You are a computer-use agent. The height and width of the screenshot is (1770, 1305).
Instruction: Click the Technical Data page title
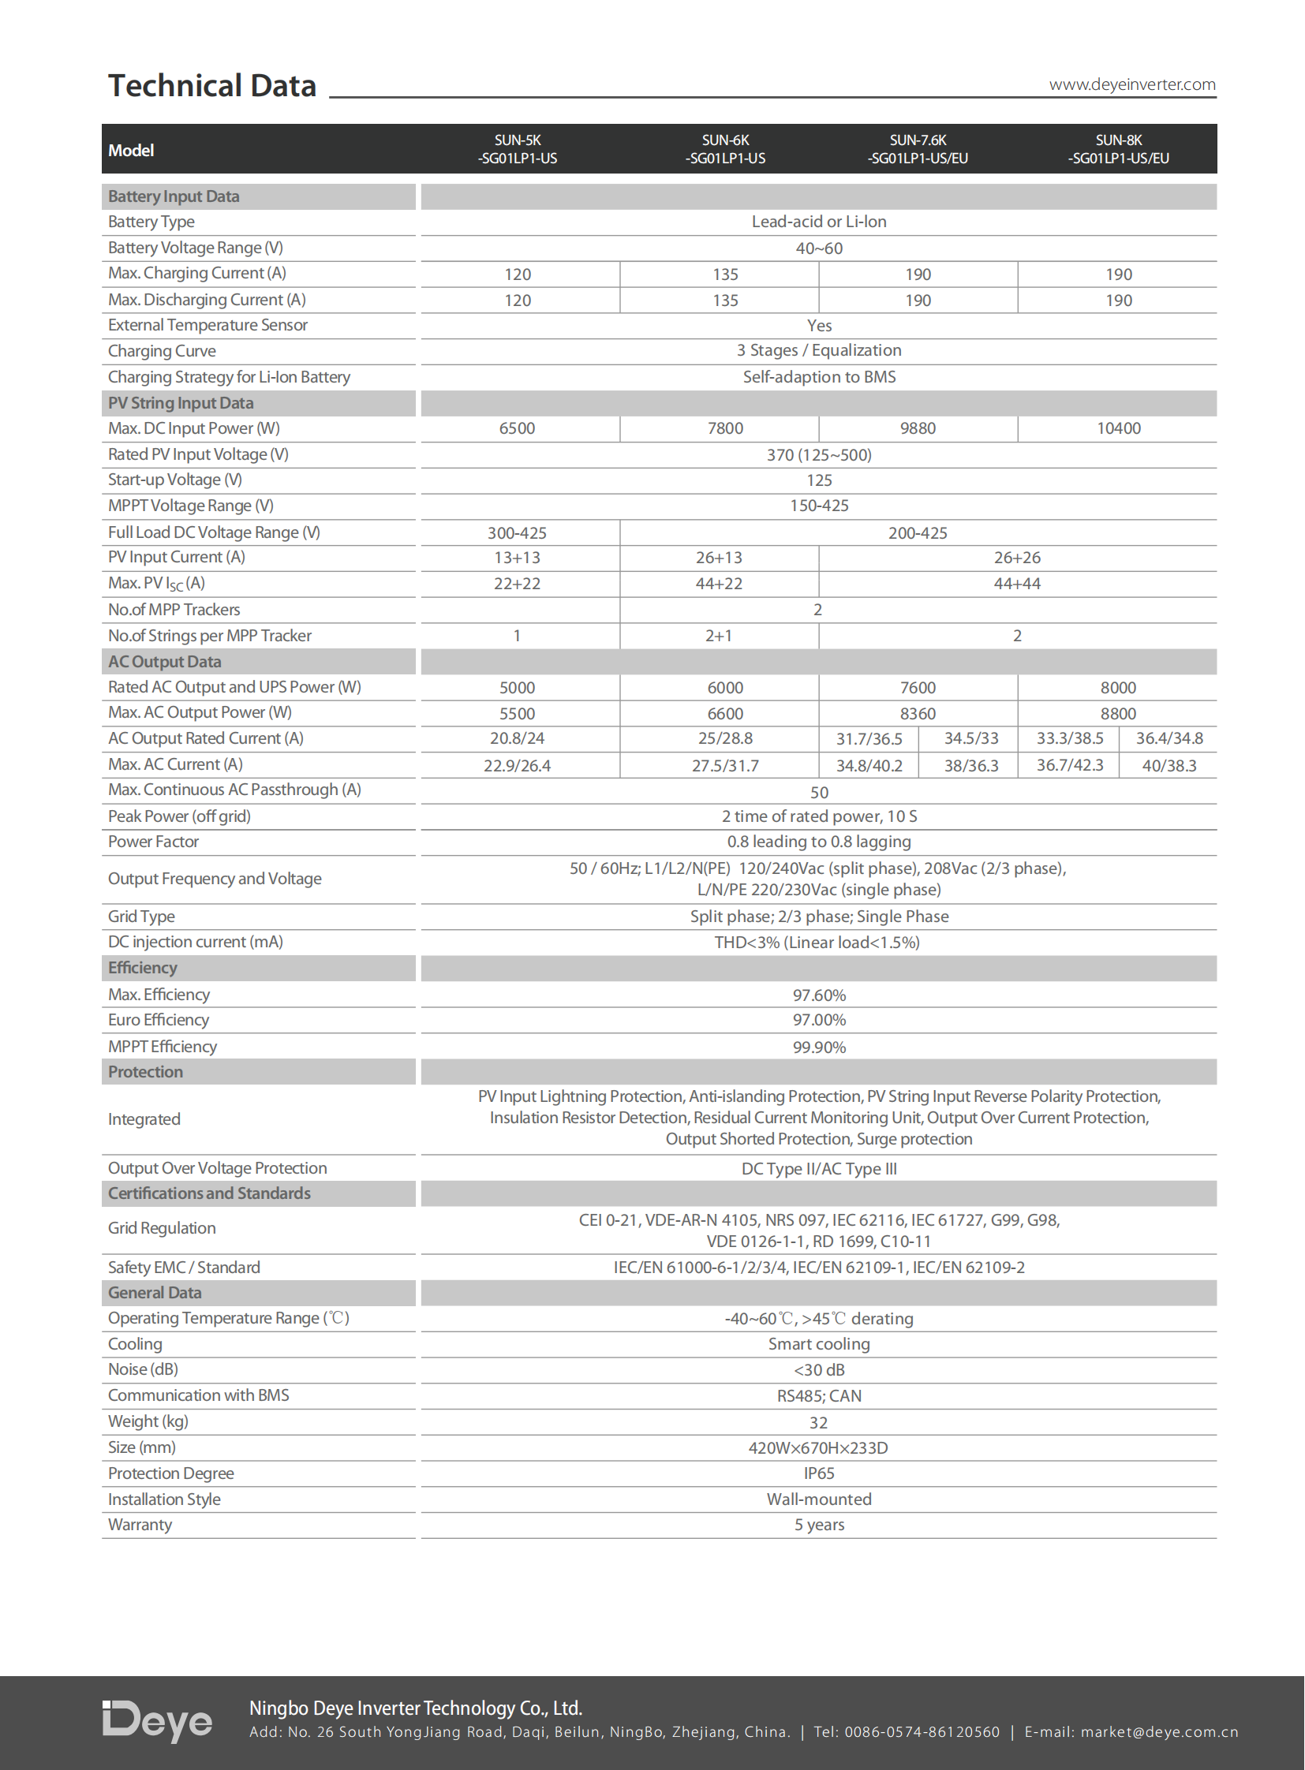(211, 86)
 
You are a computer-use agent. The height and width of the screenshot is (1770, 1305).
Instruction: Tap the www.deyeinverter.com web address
(1131, 84)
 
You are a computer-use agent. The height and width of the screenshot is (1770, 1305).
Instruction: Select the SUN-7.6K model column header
(917, 149)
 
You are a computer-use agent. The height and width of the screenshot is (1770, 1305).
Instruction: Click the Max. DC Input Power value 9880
(917, 429)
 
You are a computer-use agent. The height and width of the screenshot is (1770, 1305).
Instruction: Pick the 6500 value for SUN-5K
(517, 429)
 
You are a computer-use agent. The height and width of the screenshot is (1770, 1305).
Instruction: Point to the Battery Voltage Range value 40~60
(818, 248)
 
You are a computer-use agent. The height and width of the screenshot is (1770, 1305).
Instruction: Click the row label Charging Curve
(162, 352)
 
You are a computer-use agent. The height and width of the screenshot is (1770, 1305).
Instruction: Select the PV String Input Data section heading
(181, 404)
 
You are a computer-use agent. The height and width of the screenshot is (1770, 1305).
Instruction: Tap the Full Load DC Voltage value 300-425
(517, 533)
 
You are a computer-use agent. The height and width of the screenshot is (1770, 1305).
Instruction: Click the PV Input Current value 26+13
(718, 558)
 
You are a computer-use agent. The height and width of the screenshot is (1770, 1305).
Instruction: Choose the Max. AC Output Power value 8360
(917, 714)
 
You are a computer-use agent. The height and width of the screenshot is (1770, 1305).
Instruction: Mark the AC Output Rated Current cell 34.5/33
(970, 739)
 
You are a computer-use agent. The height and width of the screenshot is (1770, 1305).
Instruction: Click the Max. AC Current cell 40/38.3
(1169, 766)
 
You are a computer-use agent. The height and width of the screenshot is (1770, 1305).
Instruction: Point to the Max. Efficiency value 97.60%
(818, 995)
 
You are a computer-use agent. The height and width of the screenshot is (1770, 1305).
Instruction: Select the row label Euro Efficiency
(159, 1021)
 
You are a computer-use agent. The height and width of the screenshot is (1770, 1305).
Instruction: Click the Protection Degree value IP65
(818, 1473)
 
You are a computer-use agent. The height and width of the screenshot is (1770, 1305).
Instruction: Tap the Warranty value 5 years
(818, 1525)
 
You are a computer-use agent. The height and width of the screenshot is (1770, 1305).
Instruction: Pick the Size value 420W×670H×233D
(818, 1448)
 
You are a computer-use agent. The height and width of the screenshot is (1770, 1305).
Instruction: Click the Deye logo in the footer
(157, 1721)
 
